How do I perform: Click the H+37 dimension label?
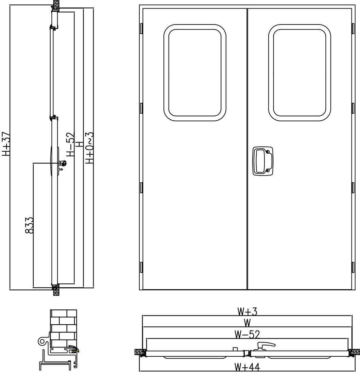(6, 144)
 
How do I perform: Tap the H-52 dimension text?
(70, 144)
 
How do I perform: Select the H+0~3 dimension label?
(89, 148)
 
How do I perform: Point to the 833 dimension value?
(29, 225)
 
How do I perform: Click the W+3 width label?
(247, 311)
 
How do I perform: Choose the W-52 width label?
(247, 335)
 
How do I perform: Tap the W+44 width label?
(247, 367)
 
